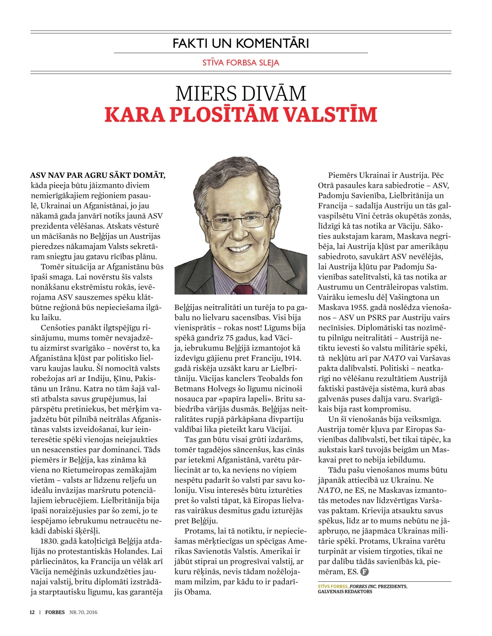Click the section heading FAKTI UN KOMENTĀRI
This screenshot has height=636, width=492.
pos(241,43)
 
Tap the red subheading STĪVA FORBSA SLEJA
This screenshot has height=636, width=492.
pos(241,63)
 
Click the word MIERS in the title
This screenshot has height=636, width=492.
pos(206,94)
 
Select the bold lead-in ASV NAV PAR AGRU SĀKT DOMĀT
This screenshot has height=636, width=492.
pos(98,175)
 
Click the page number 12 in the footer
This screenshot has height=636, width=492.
pos(32,612)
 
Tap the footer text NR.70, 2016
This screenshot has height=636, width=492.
pos(83,612)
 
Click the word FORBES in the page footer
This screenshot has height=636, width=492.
pos(55,612)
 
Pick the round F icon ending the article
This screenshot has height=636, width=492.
pos(364,572)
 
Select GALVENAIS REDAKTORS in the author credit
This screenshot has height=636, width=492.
pos(345,592)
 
